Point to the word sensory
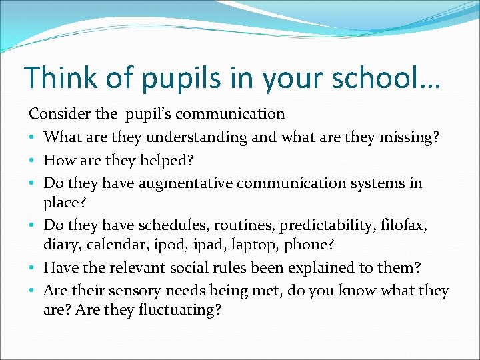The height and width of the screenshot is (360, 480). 142,291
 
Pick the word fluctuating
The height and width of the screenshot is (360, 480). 179,311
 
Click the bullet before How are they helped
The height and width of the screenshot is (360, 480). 33,161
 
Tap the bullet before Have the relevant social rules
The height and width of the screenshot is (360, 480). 33,268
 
